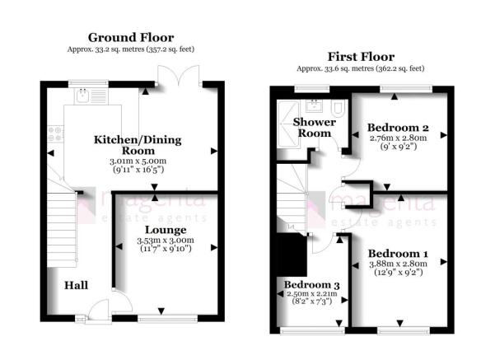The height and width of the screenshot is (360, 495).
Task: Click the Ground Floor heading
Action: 131,38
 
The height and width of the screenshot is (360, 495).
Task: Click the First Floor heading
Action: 361,57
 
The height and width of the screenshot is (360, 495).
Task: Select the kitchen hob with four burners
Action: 55,134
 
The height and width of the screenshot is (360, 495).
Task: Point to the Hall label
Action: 76,286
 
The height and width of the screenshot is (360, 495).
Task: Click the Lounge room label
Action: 166,230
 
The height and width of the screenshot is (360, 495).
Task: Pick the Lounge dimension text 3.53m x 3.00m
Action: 166,241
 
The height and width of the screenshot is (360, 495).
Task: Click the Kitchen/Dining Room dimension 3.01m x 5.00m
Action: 138,161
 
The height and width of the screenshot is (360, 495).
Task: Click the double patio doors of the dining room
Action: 179,75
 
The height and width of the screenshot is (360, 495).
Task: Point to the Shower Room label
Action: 315,128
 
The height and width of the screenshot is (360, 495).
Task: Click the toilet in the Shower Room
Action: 339,108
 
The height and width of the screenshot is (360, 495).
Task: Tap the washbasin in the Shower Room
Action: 314,105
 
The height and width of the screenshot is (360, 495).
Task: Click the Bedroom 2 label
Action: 398,128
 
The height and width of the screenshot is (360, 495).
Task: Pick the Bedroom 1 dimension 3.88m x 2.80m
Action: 398,264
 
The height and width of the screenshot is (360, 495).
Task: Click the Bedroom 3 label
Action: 311,285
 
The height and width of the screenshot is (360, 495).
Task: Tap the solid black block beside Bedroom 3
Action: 292,255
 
